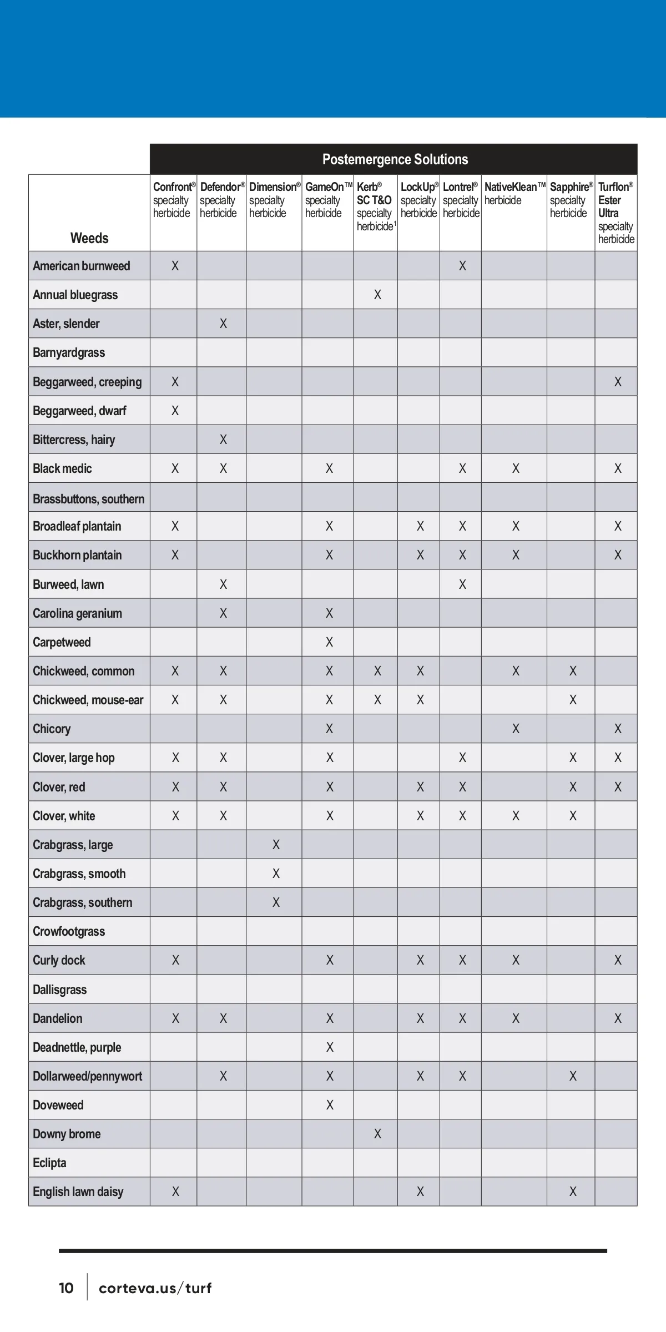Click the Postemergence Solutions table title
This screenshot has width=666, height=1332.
click(395, 160)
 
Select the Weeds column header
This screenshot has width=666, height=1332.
click(89, 238)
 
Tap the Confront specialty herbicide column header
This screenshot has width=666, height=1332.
click(174, 200)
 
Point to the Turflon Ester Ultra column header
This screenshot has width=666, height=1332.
click(615, 213)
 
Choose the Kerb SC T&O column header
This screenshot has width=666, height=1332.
click(375, 206)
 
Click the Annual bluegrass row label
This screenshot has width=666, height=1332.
click(75, 295)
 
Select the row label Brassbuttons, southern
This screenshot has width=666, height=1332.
click(89, 498)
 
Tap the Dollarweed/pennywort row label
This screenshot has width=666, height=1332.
click(88, 1076)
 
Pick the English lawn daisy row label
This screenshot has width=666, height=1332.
click(78, 1192)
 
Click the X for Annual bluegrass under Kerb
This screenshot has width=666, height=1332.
click(377, 295)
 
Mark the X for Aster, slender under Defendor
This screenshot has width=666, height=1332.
click(223, 324)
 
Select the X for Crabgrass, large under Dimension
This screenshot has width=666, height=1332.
click(276, 845)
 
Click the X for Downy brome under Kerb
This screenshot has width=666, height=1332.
click(377, 1134)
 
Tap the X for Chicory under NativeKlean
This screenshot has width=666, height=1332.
click(516, 729)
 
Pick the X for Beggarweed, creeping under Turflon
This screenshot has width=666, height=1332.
click(618, 382)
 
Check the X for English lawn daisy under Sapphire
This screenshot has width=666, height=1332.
click(573, 1192)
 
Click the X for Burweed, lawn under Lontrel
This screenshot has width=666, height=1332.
click(462, 584)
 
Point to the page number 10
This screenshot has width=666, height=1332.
click(66, 1288)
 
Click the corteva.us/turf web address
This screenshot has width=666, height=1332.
click(155, 1288)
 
